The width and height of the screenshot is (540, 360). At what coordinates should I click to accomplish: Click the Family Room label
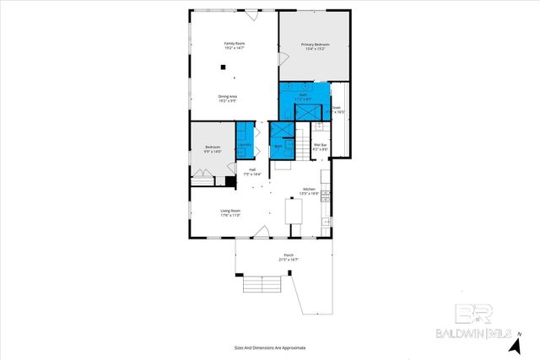(234, 43)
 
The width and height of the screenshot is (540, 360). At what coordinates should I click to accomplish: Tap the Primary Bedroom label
(315, 45)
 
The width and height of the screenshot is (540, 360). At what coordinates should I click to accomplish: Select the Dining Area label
(228, 97)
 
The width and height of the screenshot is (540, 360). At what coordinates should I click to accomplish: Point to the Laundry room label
(245, 144)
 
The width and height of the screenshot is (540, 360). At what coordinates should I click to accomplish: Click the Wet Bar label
(320, 147)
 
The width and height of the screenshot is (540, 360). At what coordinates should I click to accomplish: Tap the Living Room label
(230, 212)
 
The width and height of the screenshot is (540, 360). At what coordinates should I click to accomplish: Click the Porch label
(288, 258)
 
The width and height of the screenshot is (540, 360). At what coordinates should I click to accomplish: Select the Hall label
(251, 171)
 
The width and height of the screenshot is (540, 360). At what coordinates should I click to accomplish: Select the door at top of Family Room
(251, 14)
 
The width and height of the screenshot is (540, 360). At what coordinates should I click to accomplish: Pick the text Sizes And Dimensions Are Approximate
(270, 347)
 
